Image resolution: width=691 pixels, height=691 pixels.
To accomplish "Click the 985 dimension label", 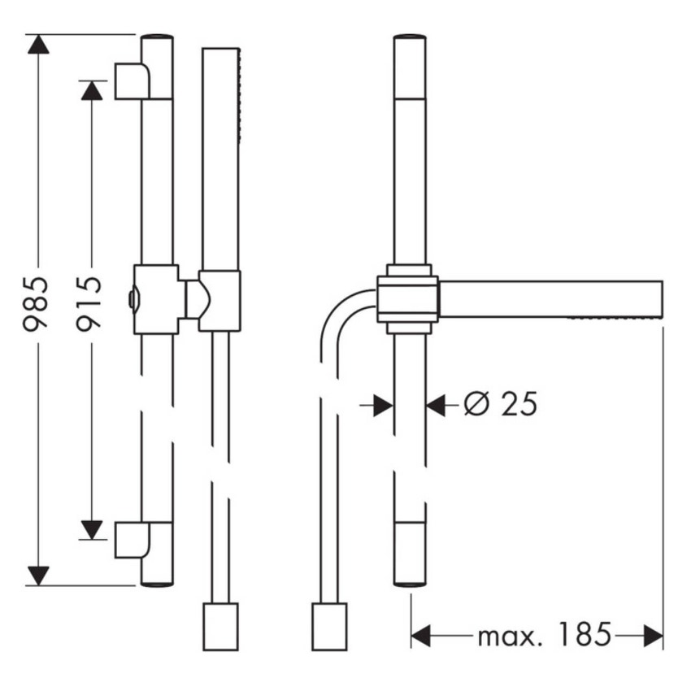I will [37, 302].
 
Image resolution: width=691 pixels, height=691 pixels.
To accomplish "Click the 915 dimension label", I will [89, 302].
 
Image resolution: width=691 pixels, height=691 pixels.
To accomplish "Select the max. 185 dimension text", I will [543, 635].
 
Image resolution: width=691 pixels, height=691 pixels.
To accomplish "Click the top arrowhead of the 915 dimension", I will [92, 89].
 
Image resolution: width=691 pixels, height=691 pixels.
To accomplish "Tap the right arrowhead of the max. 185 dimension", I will [654, 636].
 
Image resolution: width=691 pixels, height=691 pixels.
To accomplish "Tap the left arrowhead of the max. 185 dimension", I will [421, 636].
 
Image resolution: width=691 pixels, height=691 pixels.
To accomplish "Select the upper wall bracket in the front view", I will [132, 81].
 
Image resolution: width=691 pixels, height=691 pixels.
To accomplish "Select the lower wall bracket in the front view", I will [132, 540].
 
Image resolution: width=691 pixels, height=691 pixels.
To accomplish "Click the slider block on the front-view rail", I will [156, 299].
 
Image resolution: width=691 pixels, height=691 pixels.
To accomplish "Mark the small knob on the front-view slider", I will [131, 300].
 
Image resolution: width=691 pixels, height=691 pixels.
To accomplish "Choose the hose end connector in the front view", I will [219, 626].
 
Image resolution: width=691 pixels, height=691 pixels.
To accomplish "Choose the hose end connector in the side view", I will [329, 626].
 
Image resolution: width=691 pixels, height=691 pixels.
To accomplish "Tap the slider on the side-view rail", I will [408, 299].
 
